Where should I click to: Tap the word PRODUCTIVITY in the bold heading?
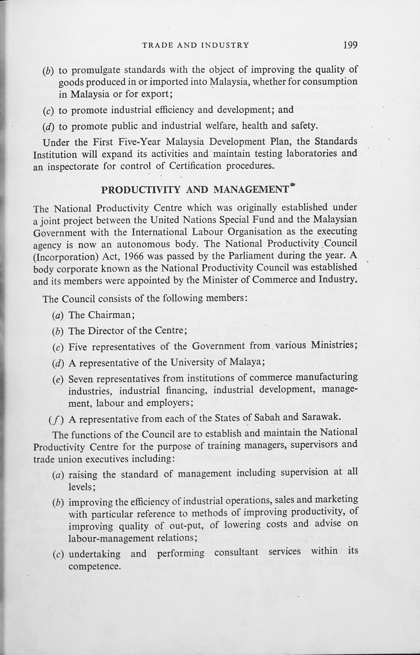[141, 190]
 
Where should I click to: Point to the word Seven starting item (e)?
[81, 379]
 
